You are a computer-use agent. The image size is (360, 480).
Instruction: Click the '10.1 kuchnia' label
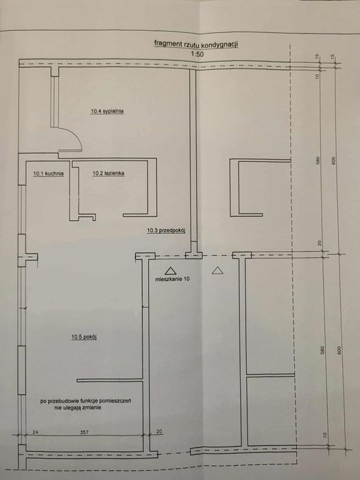click(48, 174)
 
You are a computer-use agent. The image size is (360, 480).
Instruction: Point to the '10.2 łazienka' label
click(108, 174)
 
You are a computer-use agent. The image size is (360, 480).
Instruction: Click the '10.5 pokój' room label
click(86, 337)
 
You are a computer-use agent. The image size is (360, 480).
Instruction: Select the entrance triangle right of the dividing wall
click(217, 270)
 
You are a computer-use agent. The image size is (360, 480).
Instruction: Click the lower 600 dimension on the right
click(334, 350)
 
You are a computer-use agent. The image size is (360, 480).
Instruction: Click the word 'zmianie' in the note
click(117, 407)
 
